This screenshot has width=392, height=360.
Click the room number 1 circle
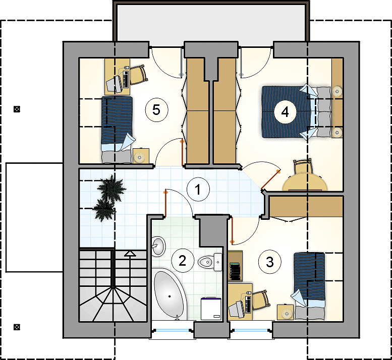tap(198, 190)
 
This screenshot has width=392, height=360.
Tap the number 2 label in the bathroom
tap(183, 261)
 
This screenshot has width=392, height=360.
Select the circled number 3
tap(270, 262)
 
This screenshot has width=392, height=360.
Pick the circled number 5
tap(156, 110)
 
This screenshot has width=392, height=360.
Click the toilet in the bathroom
tap(210, 262)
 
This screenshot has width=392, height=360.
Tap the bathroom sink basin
tap(158, 246)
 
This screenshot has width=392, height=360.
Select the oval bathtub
tap(170, 295)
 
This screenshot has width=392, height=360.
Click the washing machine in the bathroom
tap(211, 309)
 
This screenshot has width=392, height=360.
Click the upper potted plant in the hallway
tap(111, 189)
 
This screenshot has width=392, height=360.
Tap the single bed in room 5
tap(117, 130)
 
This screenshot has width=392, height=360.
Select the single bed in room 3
tap(309, 286)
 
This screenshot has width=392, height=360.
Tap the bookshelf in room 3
tap(235, 266)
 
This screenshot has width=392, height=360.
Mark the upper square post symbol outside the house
tap(17, 109)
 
